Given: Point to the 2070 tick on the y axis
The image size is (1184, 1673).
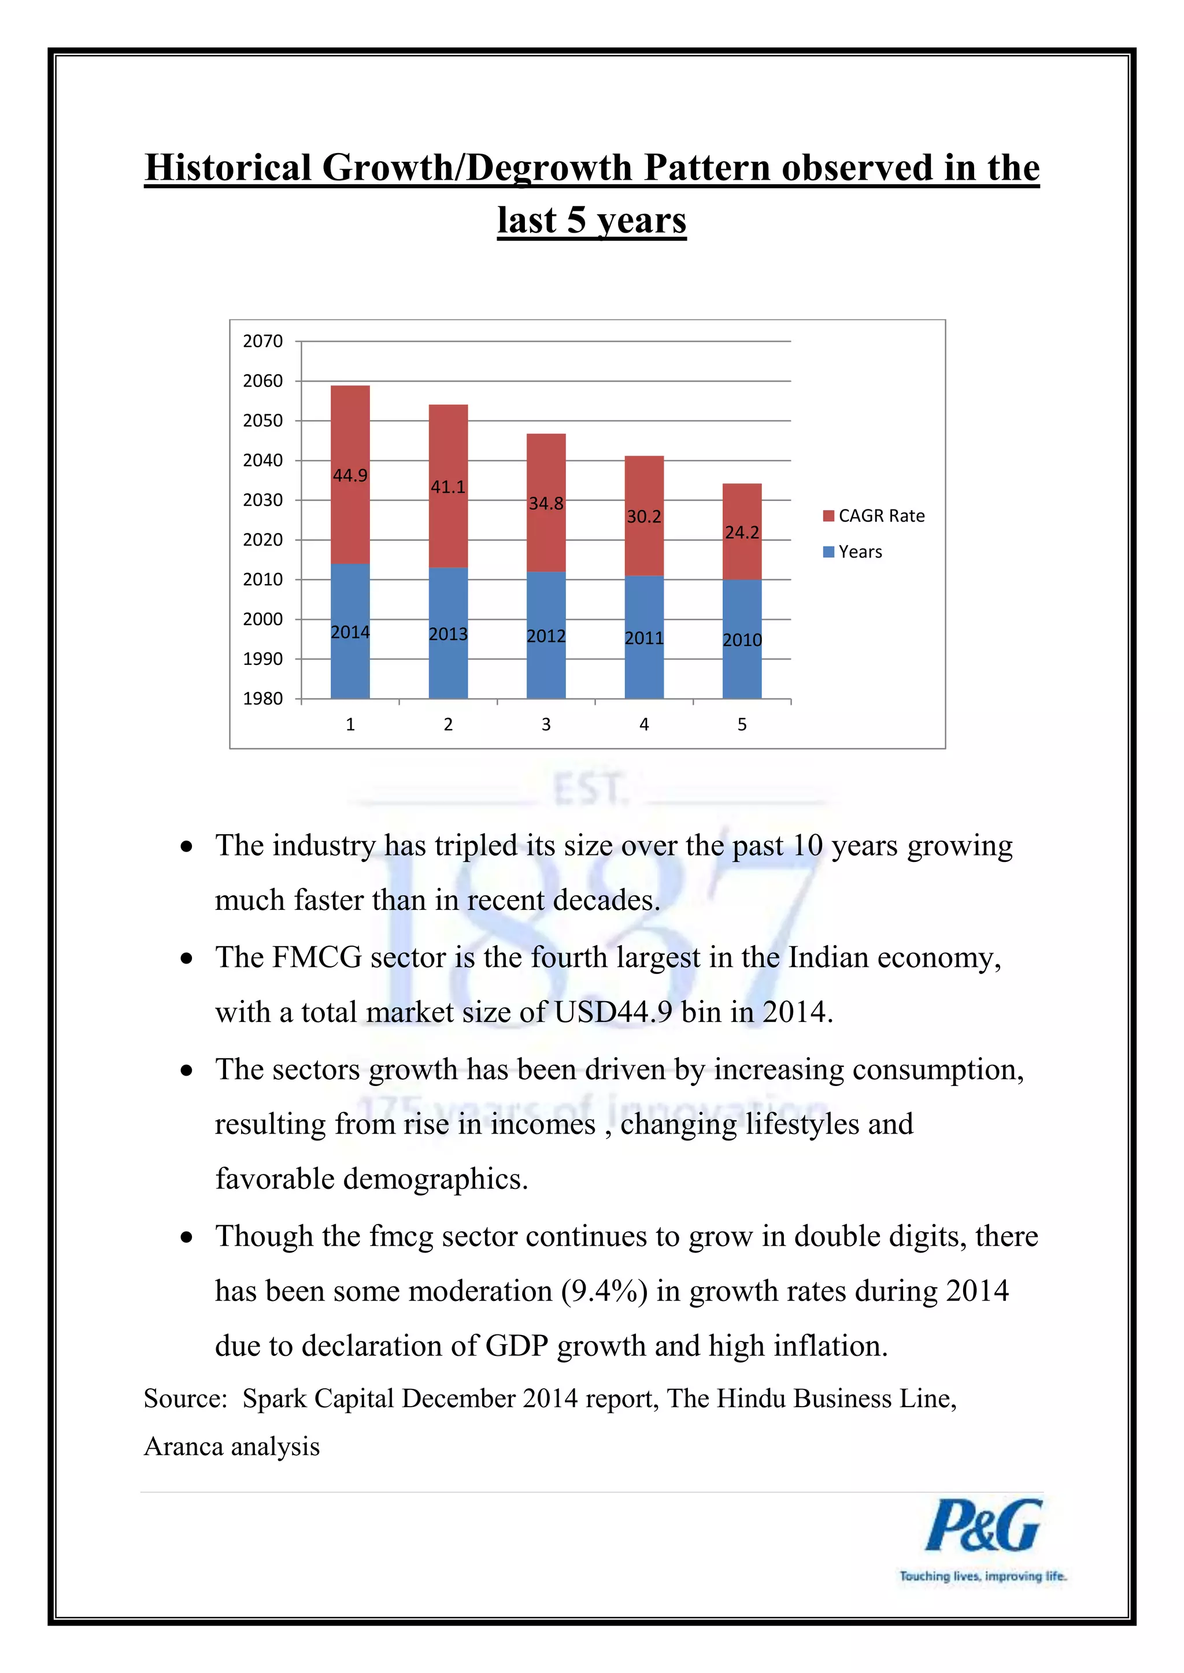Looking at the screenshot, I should coord(262,341).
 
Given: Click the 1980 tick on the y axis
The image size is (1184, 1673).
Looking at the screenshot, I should coord(262,699).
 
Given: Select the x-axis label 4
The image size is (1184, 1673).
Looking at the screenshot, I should coord(644,724).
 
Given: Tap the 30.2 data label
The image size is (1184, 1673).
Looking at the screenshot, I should coord(644,516).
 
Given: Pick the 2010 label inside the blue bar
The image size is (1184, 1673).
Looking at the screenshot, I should coord(742,640).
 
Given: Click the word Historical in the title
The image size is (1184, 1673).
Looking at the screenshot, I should coord(228,168).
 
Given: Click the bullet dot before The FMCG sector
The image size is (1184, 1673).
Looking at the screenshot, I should coord(187,958).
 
